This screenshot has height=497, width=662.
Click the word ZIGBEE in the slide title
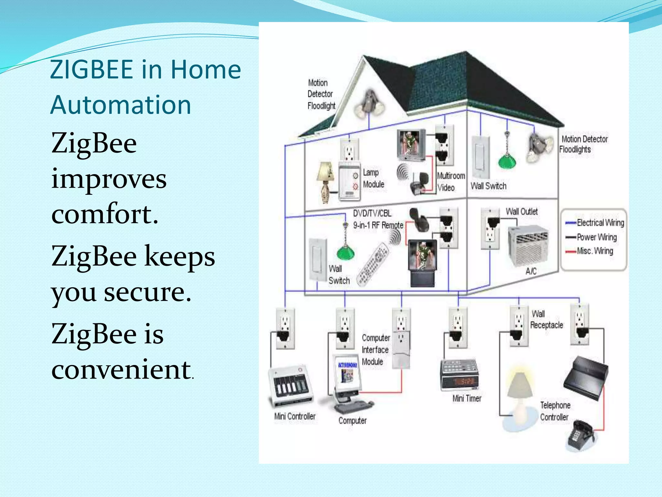pos(91,70)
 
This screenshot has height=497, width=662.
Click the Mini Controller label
pos(294,416)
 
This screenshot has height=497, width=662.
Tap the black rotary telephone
pos(581,435)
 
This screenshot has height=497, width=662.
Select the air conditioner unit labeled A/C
pos(529,245)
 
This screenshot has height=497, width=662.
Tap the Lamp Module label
pos(373,178)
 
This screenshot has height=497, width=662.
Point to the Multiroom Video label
pos(450,182)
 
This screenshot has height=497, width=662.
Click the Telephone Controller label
pos(555,411)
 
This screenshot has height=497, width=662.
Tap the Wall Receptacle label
pos(546,320)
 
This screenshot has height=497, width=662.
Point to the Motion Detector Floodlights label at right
pos(583,144)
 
